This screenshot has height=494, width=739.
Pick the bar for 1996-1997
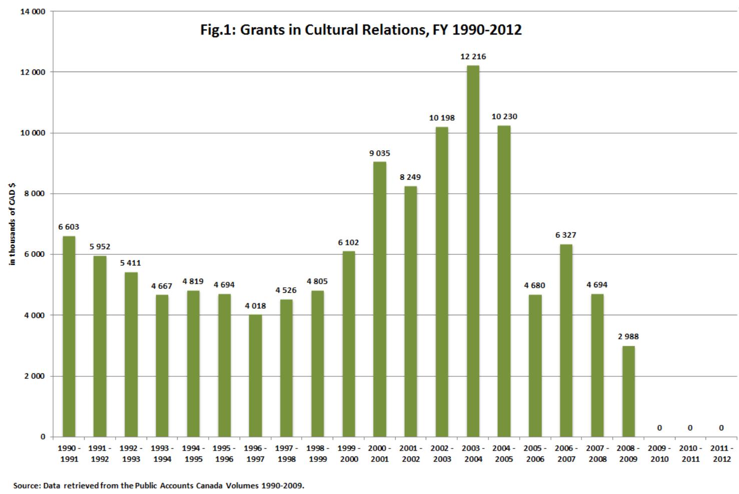click(255, 375)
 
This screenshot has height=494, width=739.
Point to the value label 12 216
click(473, 57)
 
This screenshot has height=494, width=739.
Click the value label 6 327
click(566, 235)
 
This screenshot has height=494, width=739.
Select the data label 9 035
click(380, 153)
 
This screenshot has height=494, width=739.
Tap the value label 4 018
click(255, 306)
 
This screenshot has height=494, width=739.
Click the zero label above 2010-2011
click(690, 428)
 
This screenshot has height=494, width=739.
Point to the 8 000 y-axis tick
click(35, 194)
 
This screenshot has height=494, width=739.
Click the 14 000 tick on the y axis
click(33, 12)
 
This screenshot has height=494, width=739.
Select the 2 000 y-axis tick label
click(35, 376)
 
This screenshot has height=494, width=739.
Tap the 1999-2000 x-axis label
click(349, 453)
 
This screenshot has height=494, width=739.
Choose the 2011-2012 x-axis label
click(721, 453)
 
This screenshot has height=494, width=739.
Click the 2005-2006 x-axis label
click(535, 453)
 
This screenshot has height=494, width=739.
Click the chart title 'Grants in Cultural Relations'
click(361, 30)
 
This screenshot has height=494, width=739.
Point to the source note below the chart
click(158, 485)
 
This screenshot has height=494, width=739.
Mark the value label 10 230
click(504, 117)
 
